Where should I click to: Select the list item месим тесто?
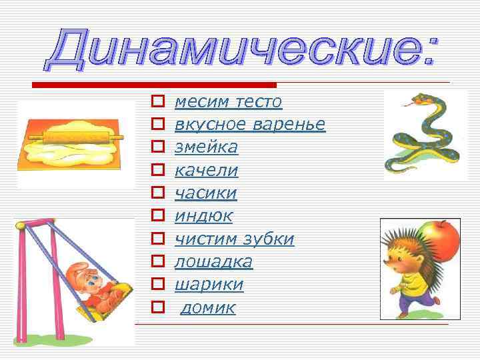228,102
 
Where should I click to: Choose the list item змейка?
205,147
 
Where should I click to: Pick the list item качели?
206,171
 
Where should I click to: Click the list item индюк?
203,216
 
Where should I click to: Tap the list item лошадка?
213,262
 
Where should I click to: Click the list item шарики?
209,285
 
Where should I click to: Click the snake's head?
418,101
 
